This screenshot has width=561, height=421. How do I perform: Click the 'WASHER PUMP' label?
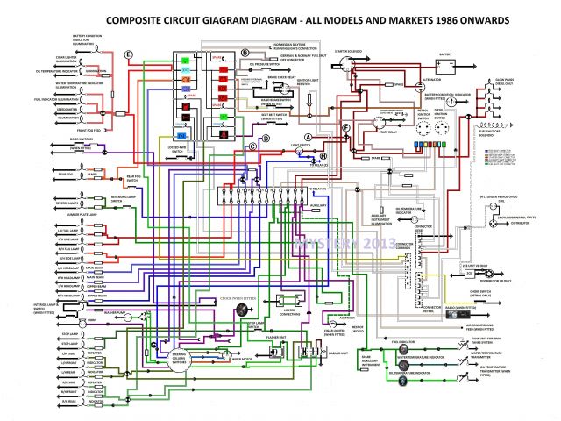116,312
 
